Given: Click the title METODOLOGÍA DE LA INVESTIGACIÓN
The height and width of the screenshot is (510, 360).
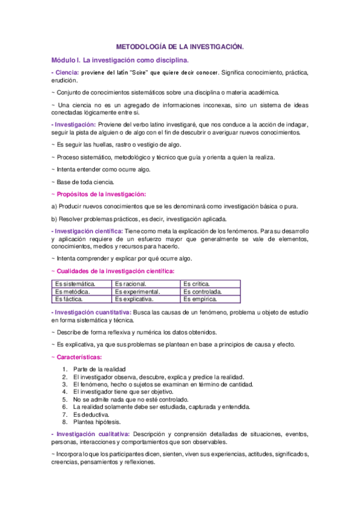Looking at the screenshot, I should [180, 46].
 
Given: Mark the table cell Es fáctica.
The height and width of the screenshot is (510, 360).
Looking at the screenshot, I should [69, 299].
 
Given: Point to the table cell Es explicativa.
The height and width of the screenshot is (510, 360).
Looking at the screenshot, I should [135, 299].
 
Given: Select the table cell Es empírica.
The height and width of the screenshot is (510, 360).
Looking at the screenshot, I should [200, 299].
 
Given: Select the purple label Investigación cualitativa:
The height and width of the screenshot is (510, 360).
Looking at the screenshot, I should [91, 434].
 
